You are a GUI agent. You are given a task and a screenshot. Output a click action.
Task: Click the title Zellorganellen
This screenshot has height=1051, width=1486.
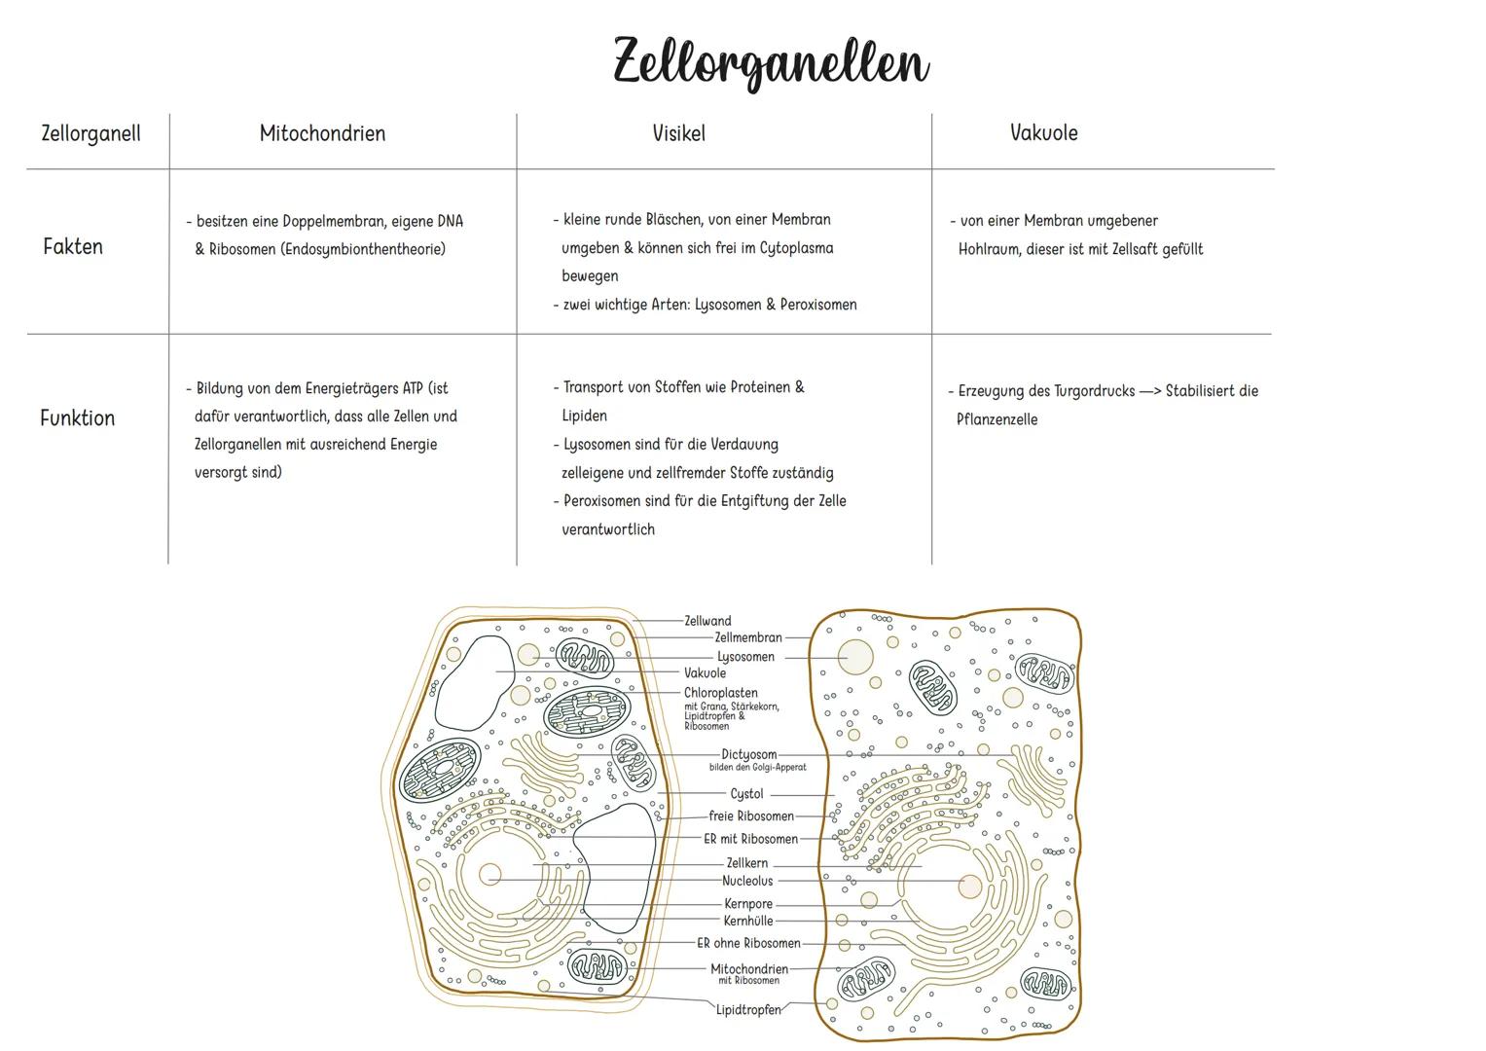coord(771,63)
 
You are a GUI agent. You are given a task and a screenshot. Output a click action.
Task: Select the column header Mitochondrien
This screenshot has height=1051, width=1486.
coord(322,134)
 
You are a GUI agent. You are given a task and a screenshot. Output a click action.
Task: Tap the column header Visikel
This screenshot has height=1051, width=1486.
coord(678,134)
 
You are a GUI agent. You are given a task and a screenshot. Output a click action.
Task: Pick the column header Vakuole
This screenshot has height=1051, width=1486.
coord(1043,133)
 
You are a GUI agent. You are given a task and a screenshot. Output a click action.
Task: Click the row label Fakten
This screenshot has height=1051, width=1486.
coord(73,247)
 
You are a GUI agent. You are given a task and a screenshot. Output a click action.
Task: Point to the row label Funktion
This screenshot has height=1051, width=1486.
coord(78,418)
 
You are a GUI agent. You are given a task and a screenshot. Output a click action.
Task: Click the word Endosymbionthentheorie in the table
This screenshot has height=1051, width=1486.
coord(362,249)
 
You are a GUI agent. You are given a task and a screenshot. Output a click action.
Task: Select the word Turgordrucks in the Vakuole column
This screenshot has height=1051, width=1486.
coord(1094,391)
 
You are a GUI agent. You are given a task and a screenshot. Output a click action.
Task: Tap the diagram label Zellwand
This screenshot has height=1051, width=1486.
coord(707,621)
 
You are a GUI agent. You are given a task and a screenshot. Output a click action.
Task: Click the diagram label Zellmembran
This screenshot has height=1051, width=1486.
coord(747,638)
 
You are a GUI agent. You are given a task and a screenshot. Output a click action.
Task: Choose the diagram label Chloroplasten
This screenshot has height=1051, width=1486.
coord(720,693)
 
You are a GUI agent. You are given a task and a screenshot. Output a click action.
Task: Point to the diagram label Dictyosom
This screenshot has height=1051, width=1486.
coord(748,754)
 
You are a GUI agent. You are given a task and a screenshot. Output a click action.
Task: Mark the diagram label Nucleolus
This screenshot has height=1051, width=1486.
coord(747,882)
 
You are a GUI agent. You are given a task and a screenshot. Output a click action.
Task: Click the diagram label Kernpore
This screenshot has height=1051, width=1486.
coord(748,904)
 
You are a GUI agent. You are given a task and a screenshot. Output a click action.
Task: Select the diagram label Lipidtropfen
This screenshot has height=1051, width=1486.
coord(748,1010)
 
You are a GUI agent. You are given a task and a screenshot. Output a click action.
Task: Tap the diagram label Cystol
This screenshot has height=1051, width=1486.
coord(746,794)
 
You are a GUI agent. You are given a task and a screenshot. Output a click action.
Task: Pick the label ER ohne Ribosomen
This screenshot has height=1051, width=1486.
coord(748,943)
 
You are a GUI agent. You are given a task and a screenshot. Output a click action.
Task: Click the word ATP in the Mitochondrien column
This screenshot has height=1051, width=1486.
coord(414,388)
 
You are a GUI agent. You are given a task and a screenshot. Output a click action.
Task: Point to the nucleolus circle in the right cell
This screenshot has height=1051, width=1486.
coord(969,887)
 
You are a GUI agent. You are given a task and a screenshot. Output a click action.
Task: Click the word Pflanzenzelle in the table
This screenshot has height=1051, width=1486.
coord(997,420)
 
